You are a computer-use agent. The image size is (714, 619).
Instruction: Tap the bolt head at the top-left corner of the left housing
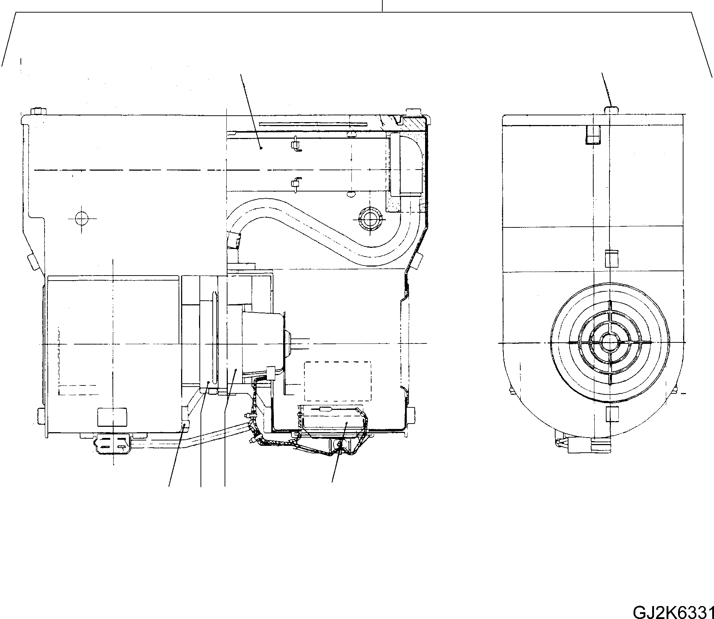tap(39, 111)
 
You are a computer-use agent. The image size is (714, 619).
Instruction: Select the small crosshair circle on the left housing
tap(82, 218)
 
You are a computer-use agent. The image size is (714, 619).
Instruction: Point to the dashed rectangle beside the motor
tap(337, 381)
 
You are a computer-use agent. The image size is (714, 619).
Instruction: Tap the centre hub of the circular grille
tap(610, 342)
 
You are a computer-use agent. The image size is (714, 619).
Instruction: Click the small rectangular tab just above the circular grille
tap(611, 259)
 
